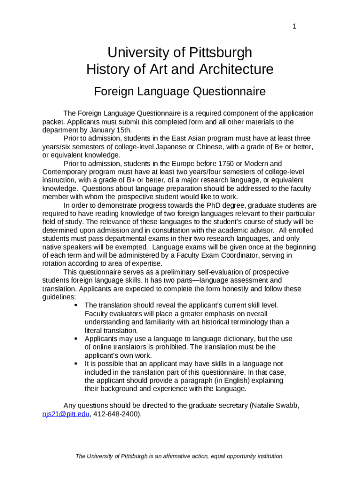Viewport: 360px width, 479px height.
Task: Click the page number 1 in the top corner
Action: click(x=294, y=26)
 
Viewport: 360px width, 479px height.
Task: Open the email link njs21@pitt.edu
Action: click(x=66, y=414)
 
